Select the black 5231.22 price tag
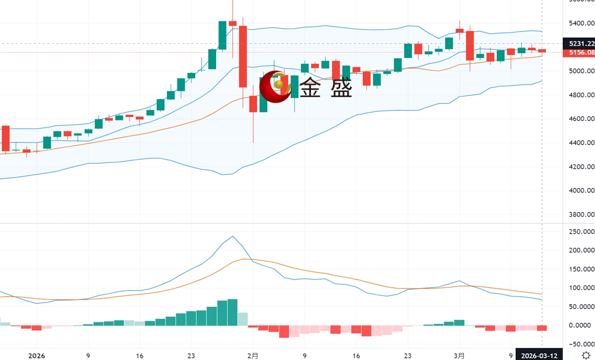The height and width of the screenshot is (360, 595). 579,44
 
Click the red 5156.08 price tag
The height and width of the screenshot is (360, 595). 579,53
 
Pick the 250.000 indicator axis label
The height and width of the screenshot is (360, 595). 581,232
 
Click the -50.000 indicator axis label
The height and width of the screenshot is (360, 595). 581,344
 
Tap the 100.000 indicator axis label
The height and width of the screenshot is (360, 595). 581,288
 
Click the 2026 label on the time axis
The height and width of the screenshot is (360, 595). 37,356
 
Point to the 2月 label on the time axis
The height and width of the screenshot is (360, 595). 253,356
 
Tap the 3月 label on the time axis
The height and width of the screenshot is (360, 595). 459,356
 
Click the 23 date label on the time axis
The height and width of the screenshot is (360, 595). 191,356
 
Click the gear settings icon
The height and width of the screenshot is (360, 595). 586,355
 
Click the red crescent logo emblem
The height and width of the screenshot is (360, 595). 275,86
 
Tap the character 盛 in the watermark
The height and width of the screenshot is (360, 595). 341,88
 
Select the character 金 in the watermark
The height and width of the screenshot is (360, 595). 312,88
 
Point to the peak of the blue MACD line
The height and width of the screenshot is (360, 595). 232,236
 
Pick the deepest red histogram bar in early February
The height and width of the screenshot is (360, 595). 284,331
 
